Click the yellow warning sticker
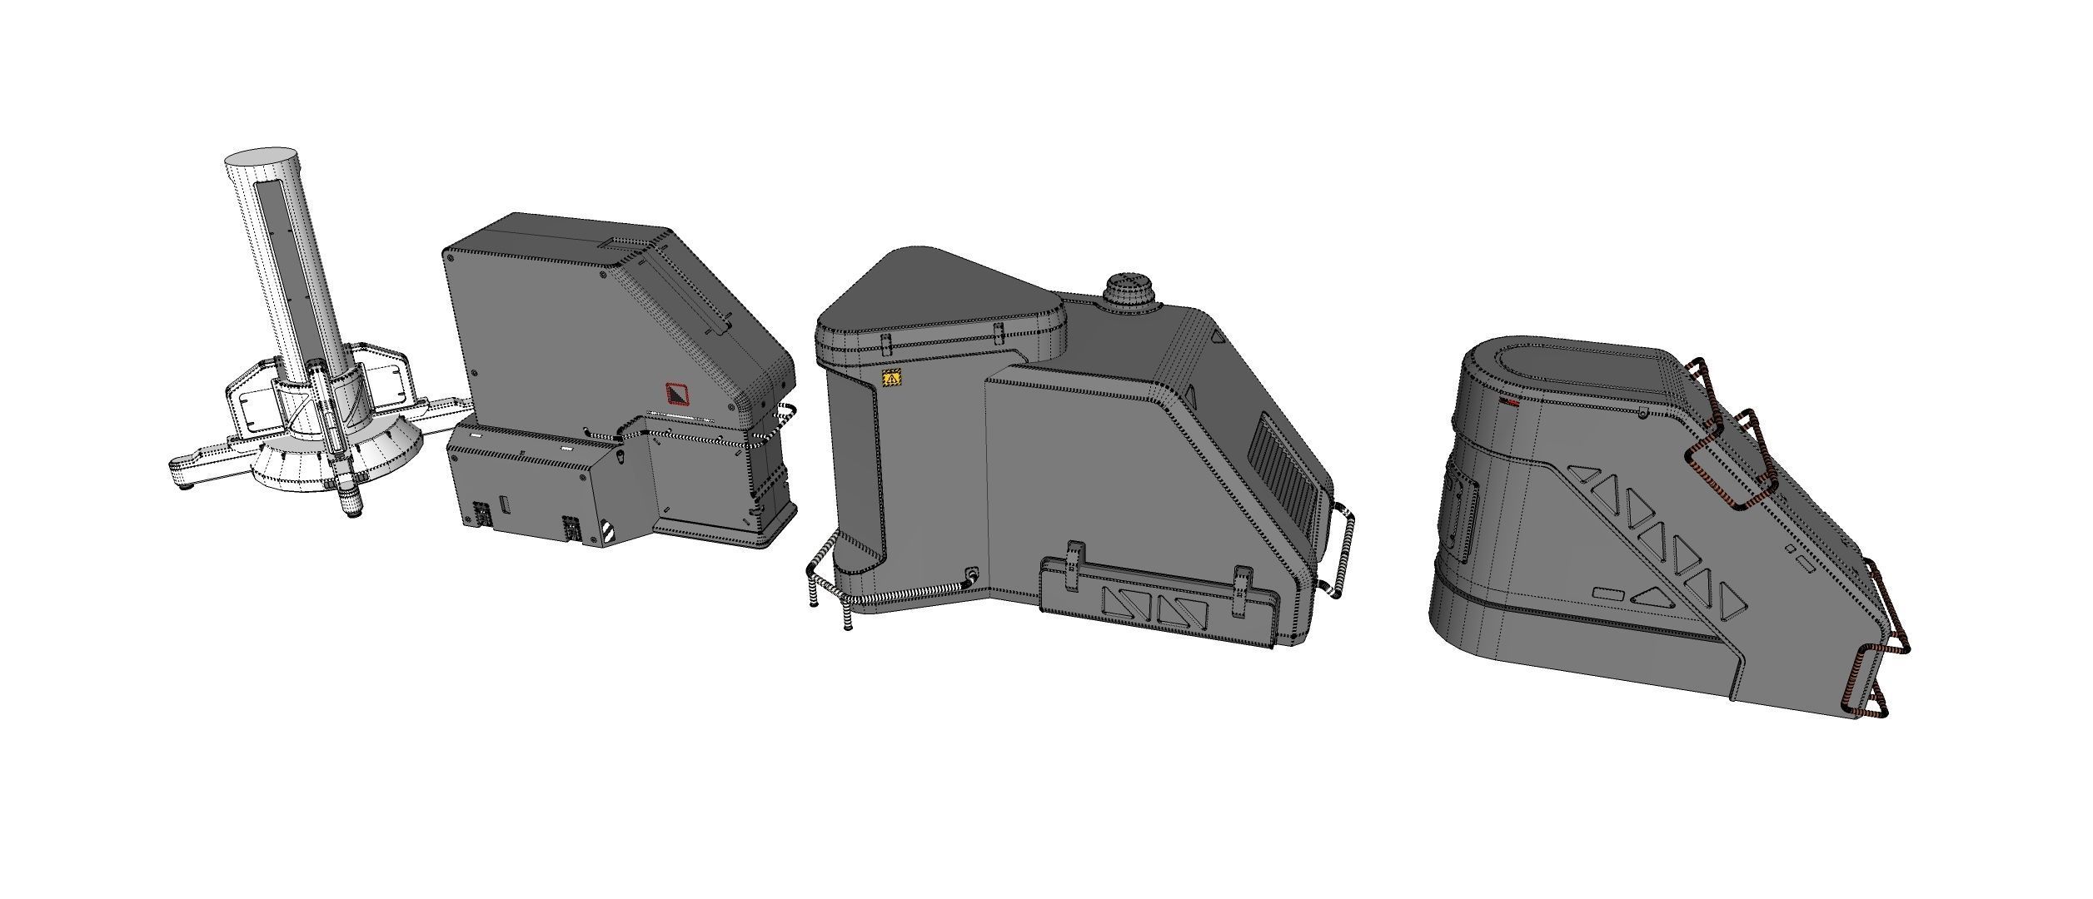tap(891, 379)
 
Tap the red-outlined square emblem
tap(676, 394)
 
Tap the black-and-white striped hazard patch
tap(609, 533)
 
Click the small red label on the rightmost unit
tap(1507, 402)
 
